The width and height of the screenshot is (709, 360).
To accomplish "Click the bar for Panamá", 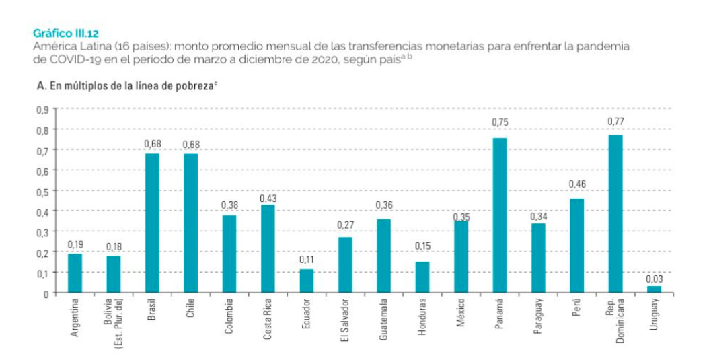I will [499, 215].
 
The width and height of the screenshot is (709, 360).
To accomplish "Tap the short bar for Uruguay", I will [654, 289].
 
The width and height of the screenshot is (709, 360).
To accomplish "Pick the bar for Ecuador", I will [306, 281].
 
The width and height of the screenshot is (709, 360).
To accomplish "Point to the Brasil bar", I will [152, 223].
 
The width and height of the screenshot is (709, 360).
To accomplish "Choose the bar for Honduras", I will [422, 277].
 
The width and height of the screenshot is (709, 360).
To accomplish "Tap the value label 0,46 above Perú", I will [576, 184].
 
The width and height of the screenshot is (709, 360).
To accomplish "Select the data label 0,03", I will [654, 278].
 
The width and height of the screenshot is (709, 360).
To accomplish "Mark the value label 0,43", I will [268, 199].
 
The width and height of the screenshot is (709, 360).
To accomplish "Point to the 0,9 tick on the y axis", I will [42, 109].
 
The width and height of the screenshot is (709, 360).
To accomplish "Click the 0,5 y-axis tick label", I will [42, 191].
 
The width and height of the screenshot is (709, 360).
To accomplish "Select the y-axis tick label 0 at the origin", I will [46, 293].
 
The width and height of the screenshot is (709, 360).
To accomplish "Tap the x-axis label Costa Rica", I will [267, 319].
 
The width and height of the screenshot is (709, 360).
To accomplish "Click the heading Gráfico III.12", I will [66, 32].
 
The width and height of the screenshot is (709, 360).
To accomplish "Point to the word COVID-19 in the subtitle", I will [66, 59].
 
